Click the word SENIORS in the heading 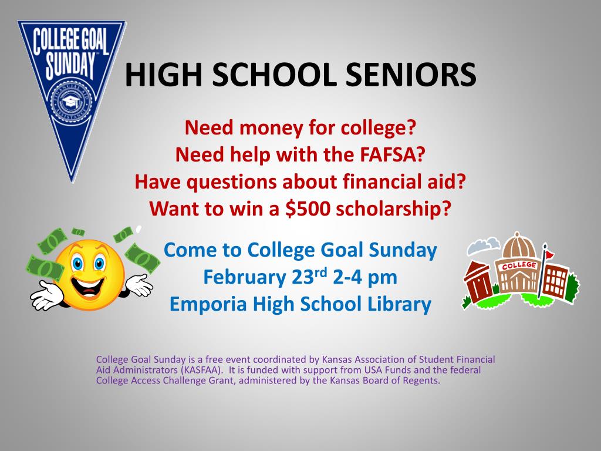[411, 75]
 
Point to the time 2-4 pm [365, 278]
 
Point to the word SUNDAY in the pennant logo [70, 66]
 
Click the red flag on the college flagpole [549, 254]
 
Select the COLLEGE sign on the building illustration [519, 265]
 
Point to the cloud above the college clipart [484, 245]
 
